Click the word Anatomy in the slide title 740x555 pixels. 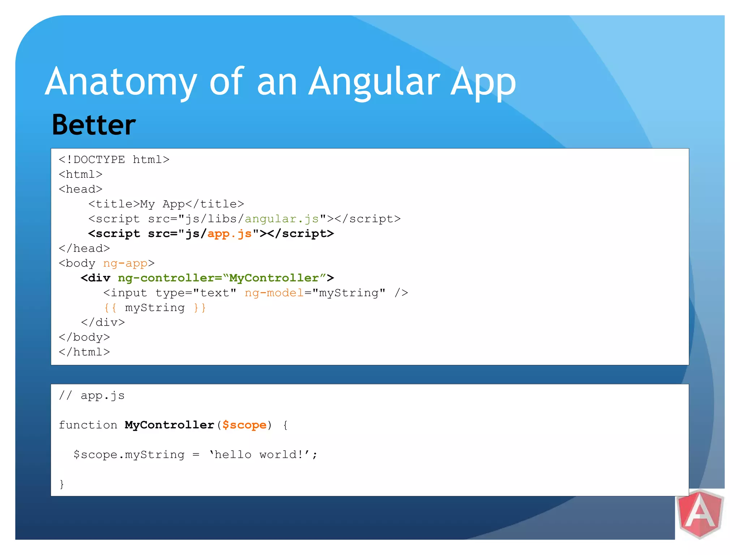(121, 82)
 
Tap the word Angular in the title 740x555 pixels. (374, 82)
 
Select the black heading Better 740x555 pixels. (94, 125)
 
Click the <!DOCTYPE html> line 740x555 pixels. (114, 160)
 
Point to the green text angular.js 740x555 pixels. (282, 219)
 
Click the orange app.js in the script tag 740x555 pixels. (229, 234)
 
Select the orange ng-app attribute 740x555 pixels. (125, 263)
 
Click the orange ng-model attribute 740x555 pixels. (274, 293)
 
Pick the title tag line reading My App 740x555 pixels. (166, 204)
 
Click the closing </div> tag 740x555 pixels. (103, 322)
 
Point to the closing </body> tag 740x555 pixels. (84, 337)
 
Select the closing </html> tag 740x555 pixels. (84, 352)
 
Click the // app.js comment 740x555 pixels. (92, 396)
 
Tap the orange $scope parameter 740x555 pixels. (244, 425)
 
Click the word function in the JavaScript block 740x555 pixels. (88, 425)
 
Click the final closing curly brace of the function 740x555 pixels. (62, 484)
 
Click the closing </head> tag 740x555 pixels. (84, 249)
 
